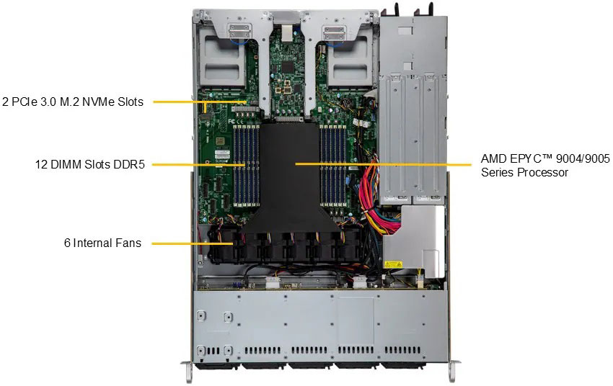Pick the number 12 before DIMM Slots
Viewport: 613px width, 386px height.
(x=41, y=164)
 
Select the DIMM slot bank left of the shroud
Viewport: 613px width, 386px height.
(x=247, y=165)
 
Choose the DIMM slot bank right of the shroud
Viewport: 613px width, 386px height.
(x=333, y=165)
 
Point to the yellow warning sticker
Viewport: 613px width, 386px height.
(x=393, y=265)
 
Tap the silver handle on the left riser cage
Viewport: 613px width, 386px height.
(x=239, y=31)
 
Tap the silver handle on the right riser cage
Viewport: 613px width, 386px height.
(x=333, y=31)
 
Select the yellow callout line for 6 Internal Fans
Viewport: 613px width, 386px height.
(x=193, y=244)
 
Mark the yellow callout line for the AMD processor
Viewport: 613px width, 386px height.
(x=384, y=164)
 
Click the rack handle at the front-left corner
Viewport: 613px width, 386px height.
(x=187, y=372)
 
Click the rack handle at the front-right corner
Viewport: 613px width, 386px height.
(x=452, y=372)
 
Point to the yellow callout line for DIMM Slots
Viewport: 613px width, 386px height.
(x=198, y=165)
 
